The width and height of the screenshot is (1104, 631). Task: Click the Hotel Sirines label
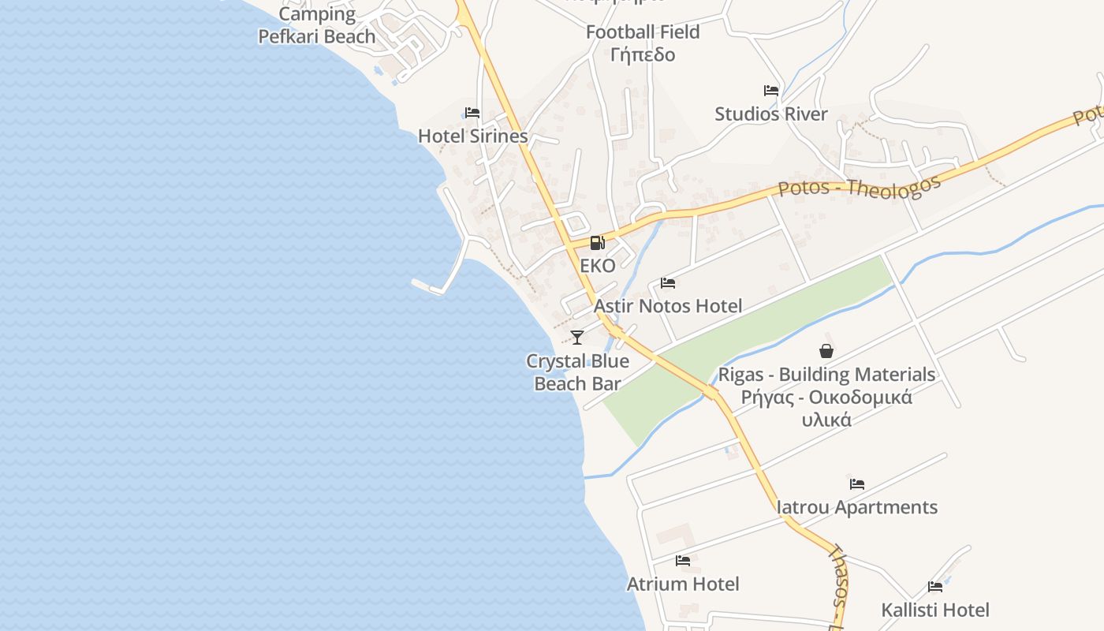[x=472, y=136]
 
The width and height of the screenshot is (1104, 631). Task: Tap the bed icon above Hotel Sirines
[x=472, y=113]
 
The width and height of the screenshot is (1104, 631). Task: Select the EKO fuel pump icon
[x=598, y=243]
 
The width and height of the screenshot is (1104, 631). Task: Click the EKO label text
[x=598, y=266]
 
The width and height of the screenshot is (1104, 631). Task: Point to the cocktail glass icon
[x=577, y=338]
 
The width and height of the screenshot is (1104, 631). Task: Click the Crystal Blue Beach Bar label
[x=578, y=372]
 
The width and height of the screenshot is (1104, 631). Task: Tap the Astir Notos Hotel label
[x=668, y=306]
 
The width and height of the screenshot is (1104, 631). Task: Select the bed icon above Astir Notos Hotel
[x=668, y=282]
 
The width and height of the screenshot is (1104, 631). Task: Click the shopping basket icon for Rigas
[x=826, y=351]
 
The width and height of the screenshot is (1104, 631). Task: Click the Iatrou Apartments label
[x=857, y=507]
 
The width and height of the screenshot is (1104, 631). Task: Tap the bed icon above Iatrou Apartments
[x=857, y=484]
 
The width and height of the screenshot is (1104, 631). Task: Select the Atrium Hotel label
[x=683, y=584]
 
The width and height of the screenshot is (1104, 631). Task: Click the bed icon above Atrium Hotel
[x=683, y=561]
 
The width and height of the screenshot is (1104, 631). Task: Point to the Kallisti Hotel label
[x=935, y=610]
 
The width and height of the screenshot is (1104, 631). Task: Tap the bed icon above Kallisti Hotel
[x=935, y=586]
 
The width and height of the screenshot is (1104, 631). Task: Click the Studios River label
[x=771, y=114]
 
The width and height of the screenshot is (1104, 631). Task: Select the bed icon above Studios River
[x=771, y=91]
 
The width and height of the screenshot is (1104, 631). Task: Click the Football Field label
[x=643, y=32]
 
